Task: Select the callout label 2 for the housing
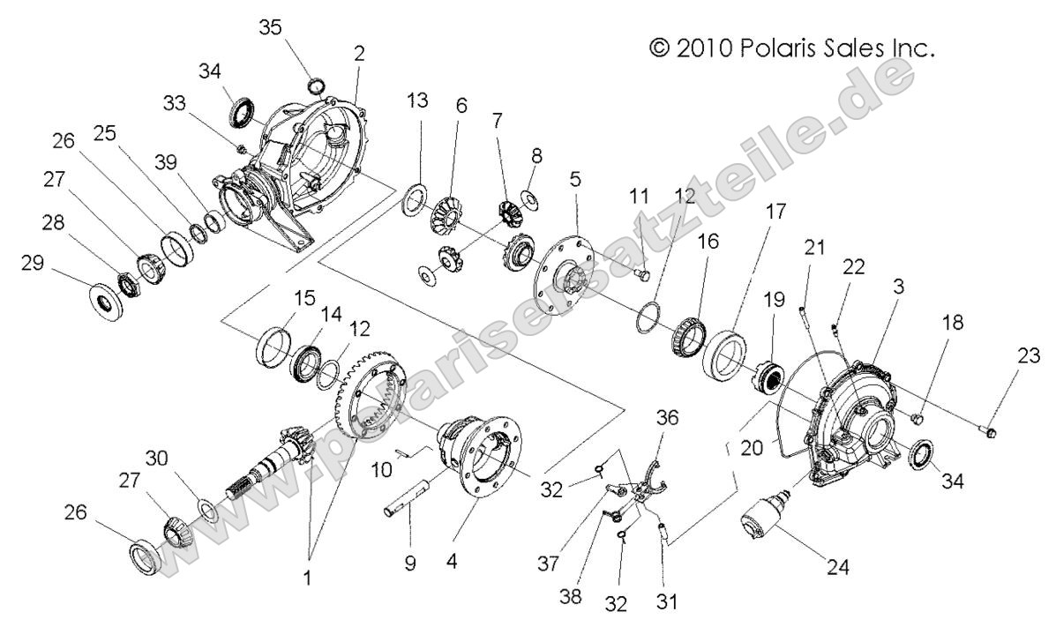tap(359, 53)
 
